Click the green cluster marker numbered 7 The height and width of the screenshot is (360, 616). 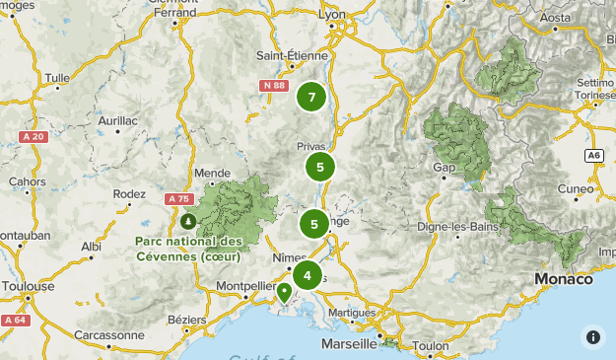pos(312,97)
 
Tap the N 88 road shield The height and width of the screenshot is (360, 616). pos(274,86)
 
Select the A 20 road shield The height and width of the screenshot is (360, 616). pos(33,136)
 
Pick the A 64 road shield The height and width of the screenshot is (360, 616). pos(14,320)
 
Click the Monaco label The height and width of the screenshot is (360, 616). pos(565,279)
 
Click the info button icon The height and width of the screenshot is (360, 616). pos(592,336)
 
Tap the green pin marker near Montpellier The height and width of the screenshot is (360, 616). pos(284,292)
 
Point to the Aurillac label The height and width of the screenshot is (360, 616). pos(116,119)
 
